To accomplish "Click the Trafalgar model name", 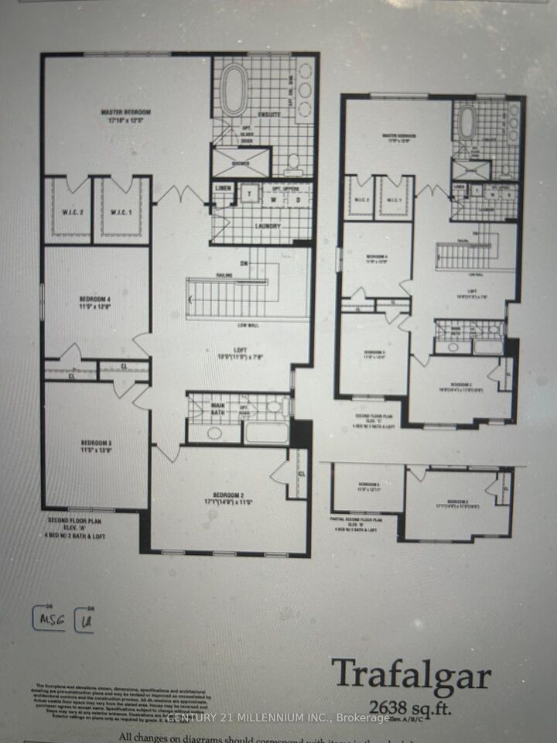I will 412,675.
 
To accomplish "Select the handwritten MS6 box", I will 49,618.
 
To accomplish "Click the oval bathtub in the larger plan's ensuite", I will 235,91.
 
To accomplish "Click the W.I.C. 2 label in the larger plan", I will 67,212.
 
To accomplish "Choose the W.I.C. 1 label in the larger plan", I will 121,212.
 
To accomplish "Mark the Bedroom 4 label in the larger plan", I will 96,300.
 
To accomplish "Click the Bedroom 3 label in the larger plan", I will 96,447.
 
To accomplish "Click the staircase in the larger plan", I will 224,297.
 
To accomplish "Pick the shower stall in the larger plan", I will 241,162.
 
